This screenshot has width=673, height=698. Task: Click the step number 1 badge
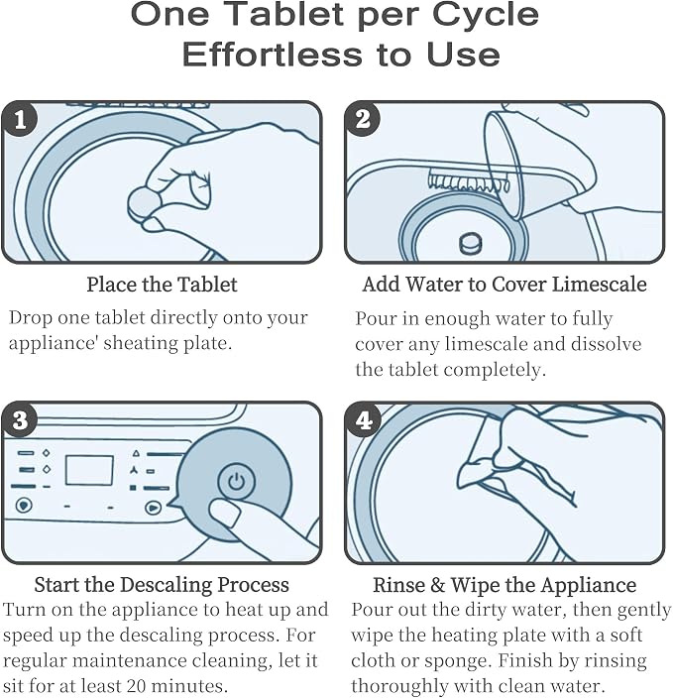(x=20, y=119)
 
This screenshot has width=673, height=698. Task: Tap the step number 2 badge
(x=363, y=119)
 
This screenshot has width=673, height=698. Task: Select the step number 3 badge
(x=20, y=419)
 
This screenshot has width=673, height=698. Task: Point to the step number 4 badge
(x=363, y=419)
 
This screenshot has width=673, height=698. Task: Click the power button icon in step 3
(x=236, y=482)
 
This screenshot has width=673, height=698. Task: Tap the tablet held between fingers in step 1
(x=144, y=203)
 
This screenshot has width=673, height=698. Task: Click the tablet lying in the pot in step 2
(x=471, y=243)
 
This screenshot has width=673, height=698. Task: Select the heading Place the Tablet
(x=162, y=285)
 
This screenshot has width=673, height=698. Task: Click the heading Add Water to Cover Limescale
(x=505, y=284)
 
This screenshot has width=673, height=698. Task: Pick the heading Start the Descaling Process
(x=162, y=585)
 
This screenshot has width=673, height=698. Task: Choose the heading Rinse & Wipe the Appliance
(x=505, y=585)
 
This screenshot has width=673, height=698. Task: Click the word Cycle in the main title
(x=486, y=15)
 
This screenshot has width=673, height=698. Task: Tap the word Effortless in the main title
(x=273, y=55)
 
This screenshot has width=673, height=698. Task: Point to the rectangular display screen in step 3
(x=89, y=470)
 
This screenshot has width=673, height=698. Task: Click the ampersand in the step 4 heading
(x=437, y=585)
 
